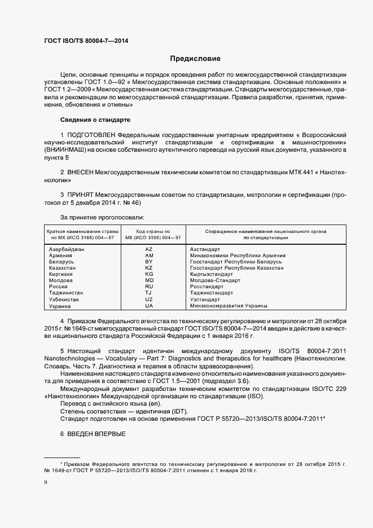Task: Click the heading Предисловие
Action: [x=195, y=59]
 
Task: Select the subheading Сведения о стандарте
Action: [x=95, y=120]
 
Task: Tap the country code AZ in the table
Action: [x=149, y=249]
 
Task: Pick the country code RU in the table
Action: [x=149, y=287]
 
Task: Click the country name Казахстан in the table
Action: [x=64, y=268]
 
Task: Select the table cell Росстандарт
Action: [x=208, y=287]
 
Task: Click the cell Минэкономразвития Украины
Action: [x=229, y=306]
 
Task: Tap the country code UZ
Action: [x=149, y=300]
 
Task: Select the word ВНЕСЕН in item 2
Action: [x=83, y=171]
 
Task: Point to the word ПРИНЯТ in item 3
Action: [x=83, y=194]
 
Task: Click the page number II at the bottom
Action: [x=46, y=483]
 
